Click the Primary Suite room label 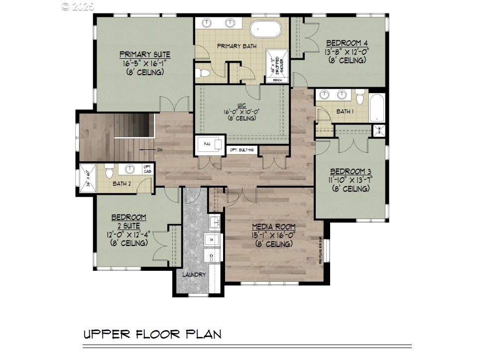pos(145,55)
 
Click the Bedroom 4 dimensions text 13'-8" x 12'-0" pos(347,51)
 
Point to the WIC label pos(241,105)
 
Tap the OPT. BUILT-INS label pos(242,150)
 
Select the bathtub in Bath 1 pos(377,107)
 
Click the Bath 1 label pos(345,112)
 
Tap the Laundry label pos(194,274)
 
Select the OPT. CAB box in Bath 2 pos(147,169)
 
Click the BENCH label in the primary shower pos(277,80)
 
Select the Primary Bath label pos(237,46)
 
